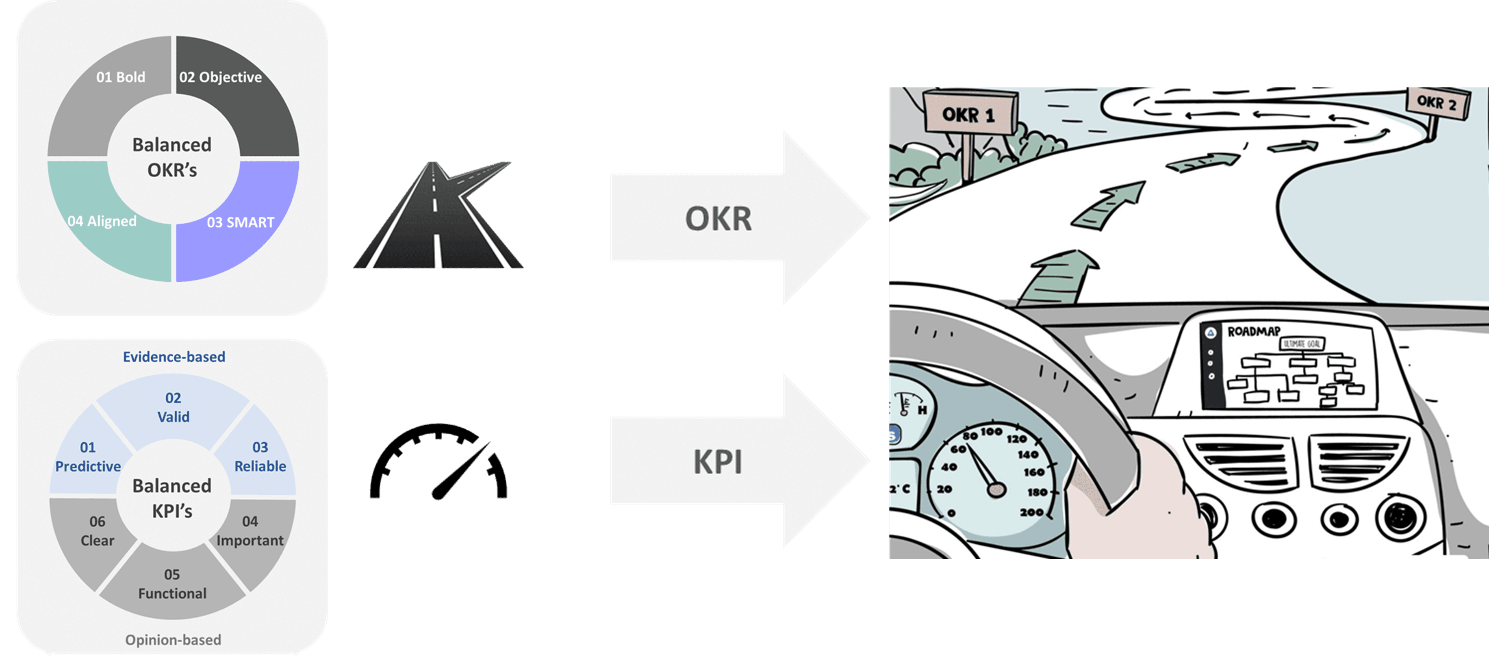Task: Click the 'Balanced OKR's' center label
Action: click(172, 157)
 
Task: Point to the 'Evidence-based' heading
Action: click(174, 357)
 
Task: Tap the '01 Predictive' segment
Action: click(88, 457)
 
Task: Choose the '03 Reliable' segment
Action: click(260, 457)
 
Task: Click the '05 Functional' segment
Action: click(172, 584)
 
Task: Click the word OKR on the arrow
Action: click(718, 218)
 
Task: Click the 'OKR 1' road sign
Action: click(969, 115)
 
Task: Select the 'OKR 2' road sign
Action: click(1437, 103)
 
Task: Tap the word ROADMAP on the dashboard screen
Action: click(1254, 331)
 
